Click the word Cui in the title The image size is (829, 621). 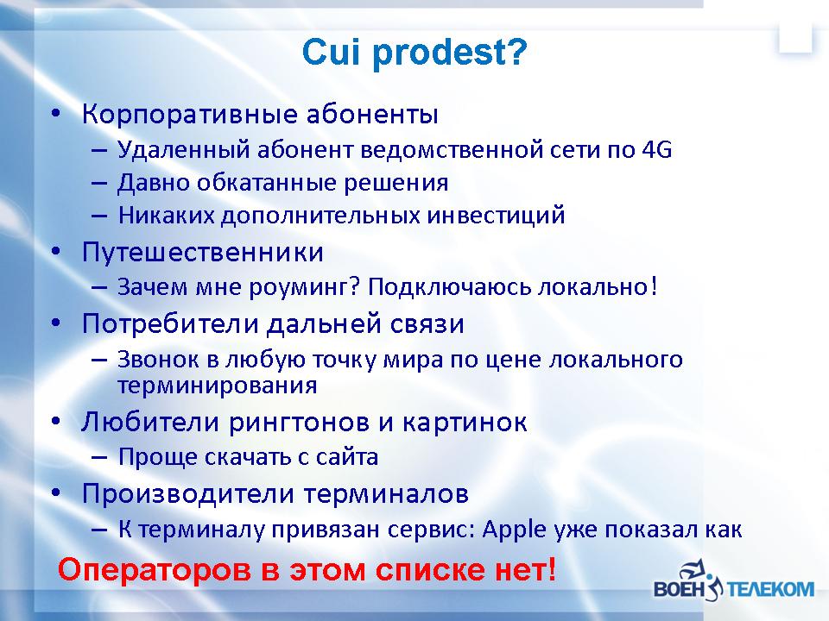pos(331,52)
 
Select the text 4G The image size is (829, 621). pos(656,149)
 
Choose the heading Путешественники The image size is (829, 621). pos(202,253)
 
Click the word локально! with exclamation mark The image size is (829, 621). pos(598,286)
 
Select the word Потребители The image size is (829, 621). pos(170,323)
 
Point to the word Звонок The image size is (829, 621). pos(158,360)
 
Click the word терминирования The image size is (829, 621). pos(218,386)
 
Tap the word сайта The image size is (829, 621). pos(347,457)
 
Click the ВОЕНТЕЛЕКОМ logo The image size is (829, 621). pos(734,580)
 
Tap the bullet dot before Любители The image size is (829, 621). pos(55,422)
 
